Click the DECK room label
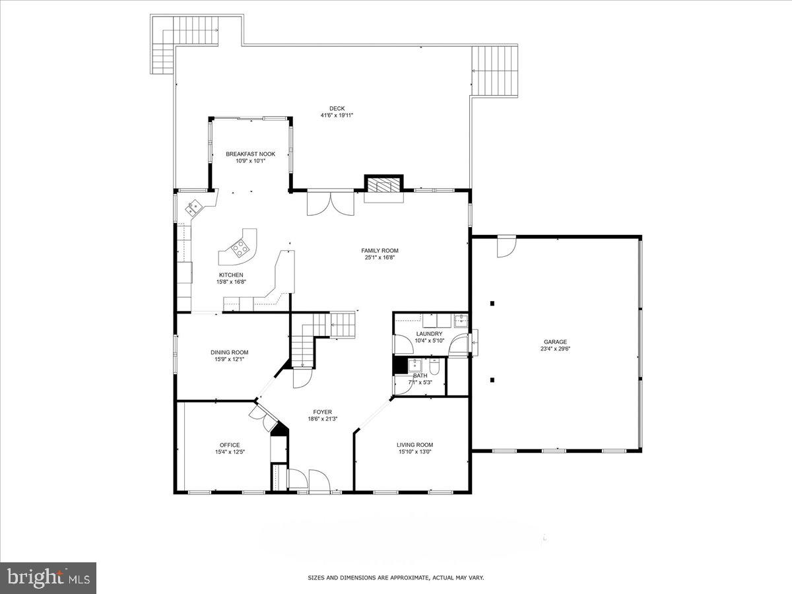(x=337, y=109)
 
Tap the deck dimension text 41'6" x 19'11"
(x=337, y=116)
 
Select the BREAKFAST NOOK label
(x=250, y=154)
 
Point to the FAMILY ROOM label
(x=379, y=250)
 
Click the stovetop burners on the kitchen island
(x=240, y=248)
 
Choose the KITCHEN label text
(x=231, y=275)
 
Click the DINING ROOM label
(x=229, y=352)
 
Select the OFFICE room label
(x=230, y=445)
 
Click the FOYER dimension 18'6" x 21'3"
(x=322, y=419)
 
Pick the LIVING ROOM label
(x=414, y=445)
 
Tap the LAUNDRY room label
(x=429, y=334)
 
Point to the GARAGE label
(x=555, y=342)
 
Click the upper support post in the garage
(x=492, y=304)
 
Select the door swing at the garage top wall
(x=507, y=246)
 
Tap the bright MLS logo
(x=48, y=577)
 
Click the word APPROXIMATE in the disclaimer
(x=407, y=577)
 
